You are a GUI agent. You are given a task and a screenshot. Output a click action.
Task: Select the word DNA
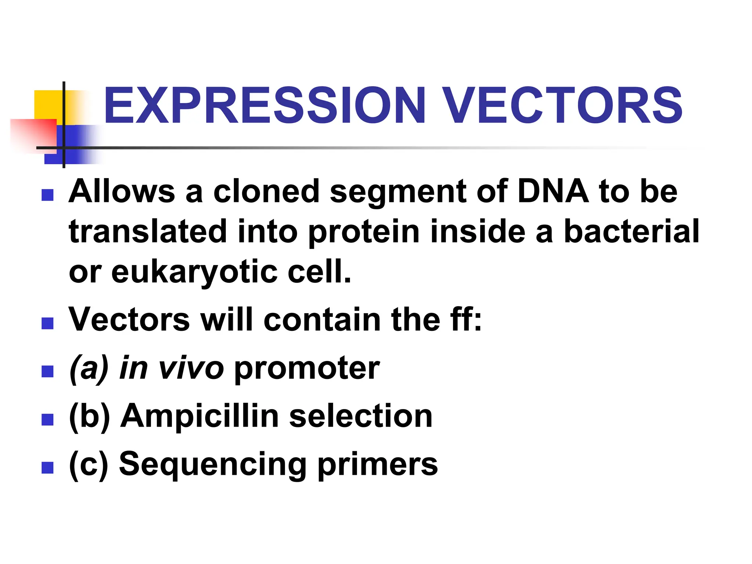click(x=553, y=192)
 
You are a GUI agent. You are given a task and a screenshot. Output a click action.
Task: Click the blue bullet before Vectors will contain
click(x=48, y=323)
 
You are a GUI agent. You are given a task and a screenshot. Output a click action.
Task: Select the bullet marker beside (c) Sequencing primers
click(x=48, y=467)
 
